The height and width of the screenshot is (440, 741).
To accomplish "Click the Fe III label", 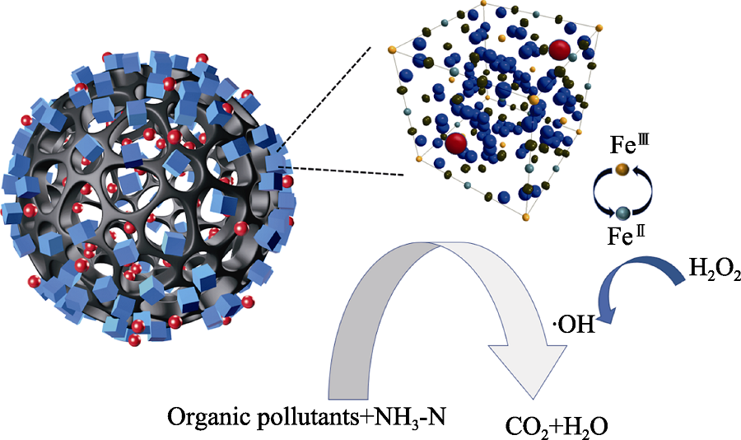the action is pos(622,144).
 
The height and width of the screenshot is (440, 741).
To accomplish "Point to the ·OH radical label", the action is pos(574,325).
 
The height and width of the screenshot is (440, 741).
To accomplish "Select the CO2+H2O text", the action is pos(557,425).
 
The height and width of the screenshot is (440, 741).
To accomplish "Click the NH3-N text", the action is pos(409,416).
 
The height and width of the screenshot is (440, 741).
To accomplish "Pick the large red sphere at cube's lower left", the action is pos(456,143).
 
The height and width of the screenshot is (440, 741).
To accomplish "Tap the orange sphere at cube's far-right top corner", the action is pos(600,28).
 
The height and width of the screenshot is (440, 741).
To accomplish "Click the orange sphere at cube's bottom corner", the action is pos(526,218).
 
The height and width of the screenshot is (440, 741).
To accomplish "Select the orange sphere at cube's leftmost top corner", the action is pos(391,49).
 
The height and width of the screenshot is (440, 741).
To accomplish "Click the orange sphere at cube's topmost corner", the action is pos(483,2).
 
